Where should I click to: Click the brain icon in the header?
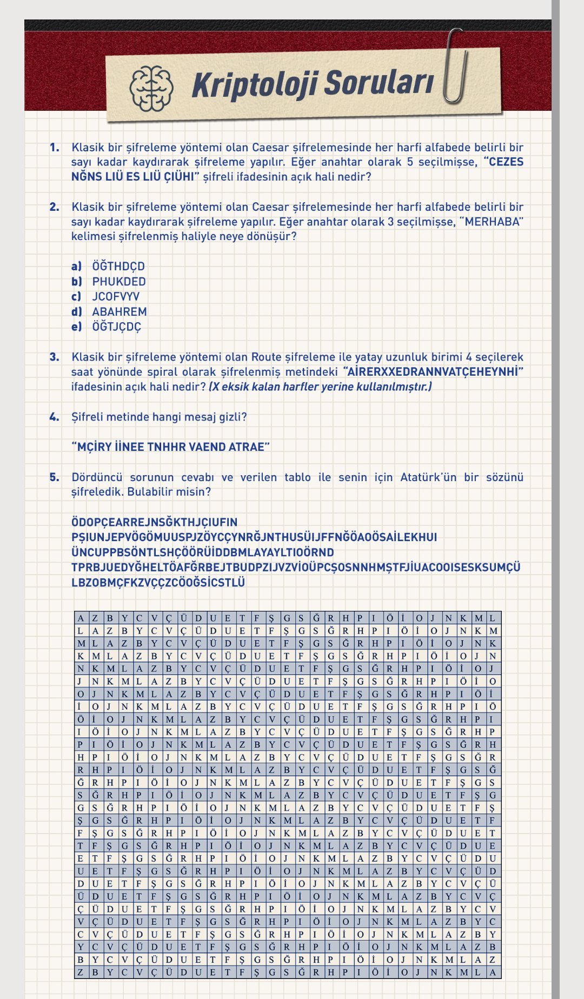pyautogui.click(x=151, y=88)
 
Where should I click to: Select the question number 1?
pyautogui.click(x=55, y=147)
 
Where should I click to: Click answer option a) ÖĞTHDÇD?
pyautogui.click(x=118, y=266)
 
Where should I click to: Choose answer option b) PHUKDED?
pyautogui.click(x=118, y=281)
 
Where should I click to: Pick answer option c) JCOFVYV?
pyautogui.click(x=115, y=296)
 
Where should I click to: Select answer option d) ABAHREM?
pyautogui.click(x=119, y=311)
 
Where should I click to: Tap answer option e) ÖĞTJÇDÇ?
pyautogui.click(x=116, y=327)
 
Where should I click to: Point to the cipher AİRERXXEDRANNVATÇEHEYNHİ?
pyautogui.click(x=433, y=372)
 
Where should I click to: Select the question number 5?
pyautogui.click(x=55, y=477)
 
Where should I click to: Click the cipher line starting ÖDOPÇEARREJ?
pyautogui.click(x=154, y=522)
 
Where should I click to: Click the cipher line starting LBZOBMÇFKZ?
pyautogui.click(x=158, y=583)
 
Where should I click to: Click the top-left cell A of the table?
pyautogui.click(x=81, y=618)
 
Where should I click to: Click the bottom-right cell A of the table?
pyautogui.click(x=493, y=972)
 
